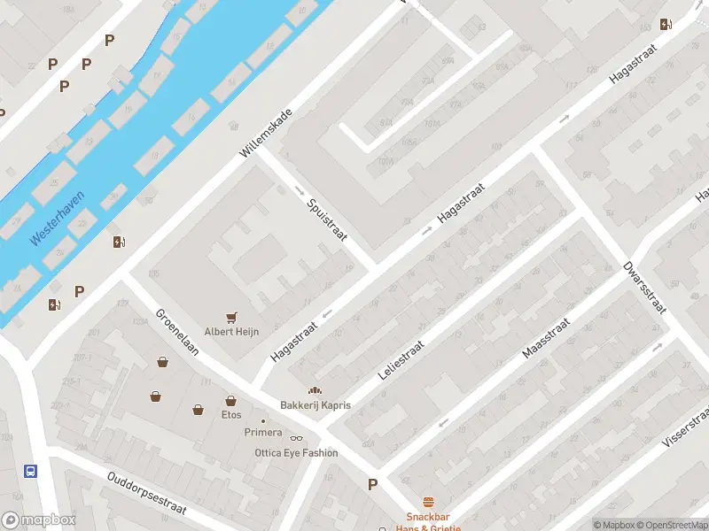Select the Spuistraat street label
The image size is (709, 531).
[x=326, y=220]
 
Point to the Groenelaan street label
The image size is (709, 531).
[x=177, y=332]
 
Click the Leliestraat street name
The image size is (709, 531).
[x=401, y=359]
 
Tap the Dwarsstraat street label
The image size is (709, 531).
[x=643, y=281]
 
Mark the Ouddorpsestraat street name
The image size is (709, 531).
[x=145, y=492]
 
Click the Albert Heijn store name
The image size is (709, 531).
[x=232, y=332]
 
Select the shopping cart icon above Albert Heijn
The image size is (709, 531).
[x=232, y=317]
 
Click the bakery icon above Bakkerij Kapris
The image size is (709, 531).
[x=314, y=390]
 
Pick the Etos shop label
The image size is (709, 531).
[x=231, y=414]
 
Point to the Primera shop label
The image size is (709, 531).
[x=263, y=433]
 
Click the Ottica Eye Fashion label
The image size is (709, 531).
[x=295, y=453]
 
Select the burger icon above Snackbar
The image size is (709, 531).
[x=428, y=501]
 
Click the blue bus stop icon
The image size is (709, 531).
[x=31, y=470]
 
